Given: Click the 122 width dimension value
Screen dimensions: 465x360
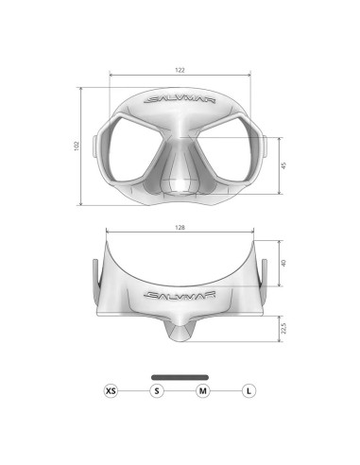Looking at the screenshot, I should [180, 70].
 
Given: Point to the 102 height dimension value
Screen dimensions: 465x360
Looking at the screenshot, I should [77, 146].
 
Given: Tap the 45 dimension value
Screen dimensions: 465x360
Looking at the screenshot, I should [284, 166].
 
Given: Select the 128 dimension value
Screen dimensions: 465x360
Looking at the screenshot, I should [180, 228].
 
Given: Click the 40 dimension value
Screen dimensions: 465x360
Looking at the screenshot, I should [283, 264].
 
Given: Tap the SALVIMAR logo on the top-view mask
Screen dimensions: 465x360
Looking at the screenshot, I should [180, 293].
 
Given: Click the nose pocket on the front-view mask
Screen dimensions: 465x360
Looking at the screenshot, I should [180, 176].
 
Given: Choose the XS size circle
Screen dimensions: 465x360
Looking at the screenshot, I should [111, 390].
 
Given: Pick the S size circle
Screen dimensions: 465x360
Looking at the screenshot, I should [157, 390].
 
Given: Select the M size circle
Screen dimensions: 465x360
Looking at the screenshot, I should [203, 390].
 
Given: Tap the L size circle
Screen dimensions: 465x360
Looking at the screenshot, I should [249, 390].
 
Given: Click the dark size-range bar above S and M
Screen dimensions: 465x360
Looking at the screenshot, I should [180, 376].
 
